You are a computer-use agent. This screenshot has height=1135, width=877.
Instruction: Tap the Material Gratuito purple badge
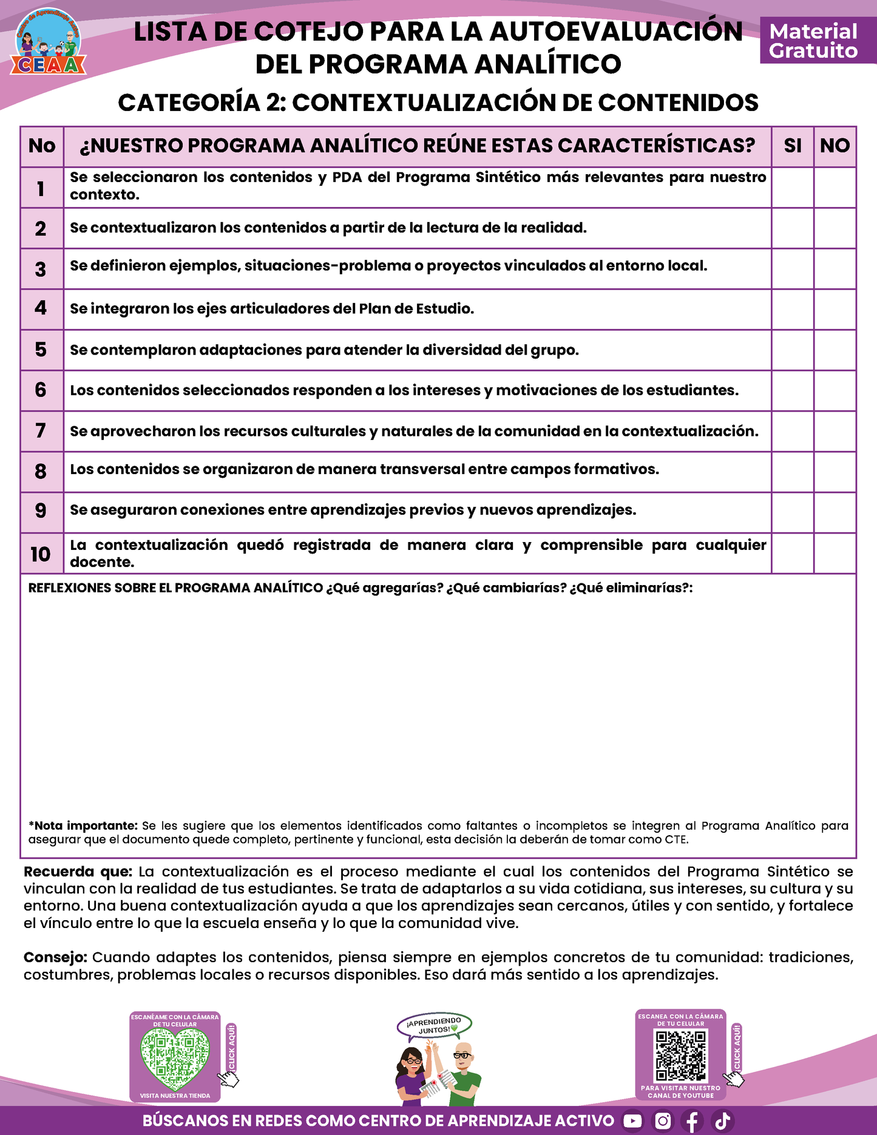pos(813,41)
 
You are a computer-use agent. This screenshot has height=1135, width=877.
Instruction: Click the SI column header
pos(792,146)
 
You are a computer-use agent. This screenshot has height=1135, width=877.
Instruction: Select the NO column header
pos(835,146)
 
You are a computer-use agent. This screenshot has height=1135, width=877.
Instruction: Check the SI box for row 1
pos(792,188)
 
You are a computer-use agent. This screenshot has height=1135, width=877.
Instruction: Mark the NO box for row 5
pos(835,350)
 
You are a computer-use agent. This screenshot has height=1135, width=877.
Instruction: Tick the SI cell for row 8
pos(792,472)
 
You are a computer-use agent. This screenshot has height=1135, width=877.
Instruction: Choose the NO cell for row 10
pos(835,554)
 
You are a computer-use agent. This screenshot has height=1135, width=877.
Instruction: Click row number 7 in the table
pos(41,431)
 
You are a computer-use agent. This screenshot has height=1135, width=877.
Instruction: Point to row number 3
pos(41,269)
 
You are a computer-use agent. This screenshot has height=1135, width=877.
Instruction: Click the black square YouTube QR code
pos(681,1056)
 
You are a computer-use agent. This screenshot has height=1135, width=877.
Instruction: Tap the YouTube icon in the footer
pos(632,1120)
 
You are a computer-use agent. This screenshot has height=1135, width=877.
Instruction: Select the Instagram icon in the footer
pos(663,1120)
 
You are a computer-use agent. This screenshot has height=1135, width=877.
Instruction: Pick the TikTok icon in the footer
pos(722,1120)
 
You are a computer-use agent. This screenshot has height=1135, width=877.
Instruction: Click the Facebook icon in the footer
pos(692,1120)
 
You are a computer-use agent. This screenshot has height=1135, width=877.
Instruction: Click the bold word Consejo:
pos(55,957)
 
